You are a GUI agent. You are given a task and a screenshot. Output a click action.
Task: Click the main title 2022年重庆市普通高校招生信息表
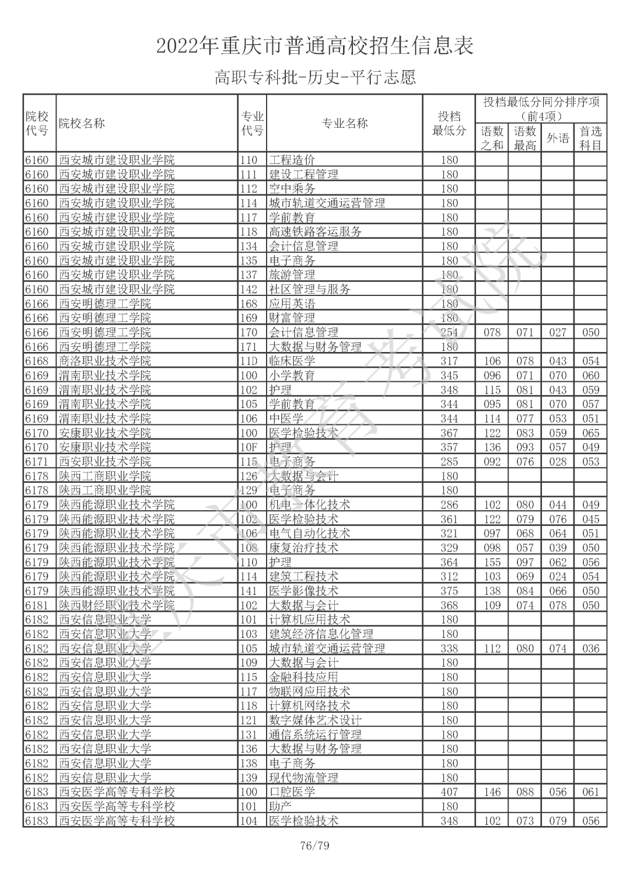[x=315, y=46]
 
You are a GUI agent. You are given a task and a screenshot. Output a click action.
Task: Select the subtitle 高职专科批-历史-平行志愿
[x=315, y=77]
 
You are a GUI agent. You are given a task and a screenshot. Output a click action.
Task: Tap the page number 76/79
[x=314, y=845]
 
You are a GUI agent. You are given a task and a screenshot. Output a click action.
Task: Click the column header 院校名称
[x=82, y=123]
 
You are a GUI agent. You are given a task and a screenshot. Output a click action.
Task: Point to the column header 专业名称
[x=344, y=123]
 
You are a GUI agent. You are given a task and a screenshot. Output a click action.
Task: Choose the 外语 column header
[x=557, y=138]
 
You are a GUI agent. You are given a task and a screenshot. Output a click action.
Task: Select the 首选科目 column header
[x=590, y=138]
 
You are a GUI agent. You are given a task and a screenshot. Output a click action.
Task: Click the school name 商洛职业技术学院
[x=105, y=361]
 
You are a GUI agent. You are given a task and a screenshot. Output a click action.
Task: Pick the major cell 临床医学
[x=292, y=361]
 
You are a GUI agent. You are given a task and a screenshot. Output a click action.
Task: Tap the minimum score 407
[x=449, y=792]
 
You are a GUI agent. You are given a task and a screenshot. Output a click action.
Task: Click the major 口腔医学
[x=292, y=792]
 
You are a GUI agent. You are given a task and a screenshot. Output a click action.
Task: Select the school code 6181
[x=37, y=605]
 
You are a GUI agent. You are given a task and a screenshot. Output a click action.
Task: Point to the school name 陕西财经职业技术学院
[x=117, y=605]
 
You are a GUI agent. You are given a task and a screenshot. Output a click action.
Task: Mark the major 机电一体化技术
[x=309, y=505]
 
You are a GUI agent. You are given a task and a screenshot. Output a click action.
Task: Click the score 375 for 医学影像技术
[x=449, y=591]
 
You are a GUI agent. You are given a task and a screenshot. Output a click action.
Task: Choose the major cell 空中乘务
[x=292, y=189]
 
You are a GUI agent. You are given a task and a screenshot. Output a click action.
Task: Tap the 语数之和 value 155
[x=492, y=562]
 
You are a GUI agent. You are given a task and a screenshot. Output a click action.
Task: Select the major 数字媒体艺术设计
[x=315, y=720]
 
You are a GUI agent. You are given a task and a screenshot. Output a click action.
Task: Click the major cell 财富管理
[x=292, y=318]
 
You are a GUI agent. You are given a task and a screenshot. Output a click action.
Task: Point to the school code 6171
[x=37, y=462]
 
